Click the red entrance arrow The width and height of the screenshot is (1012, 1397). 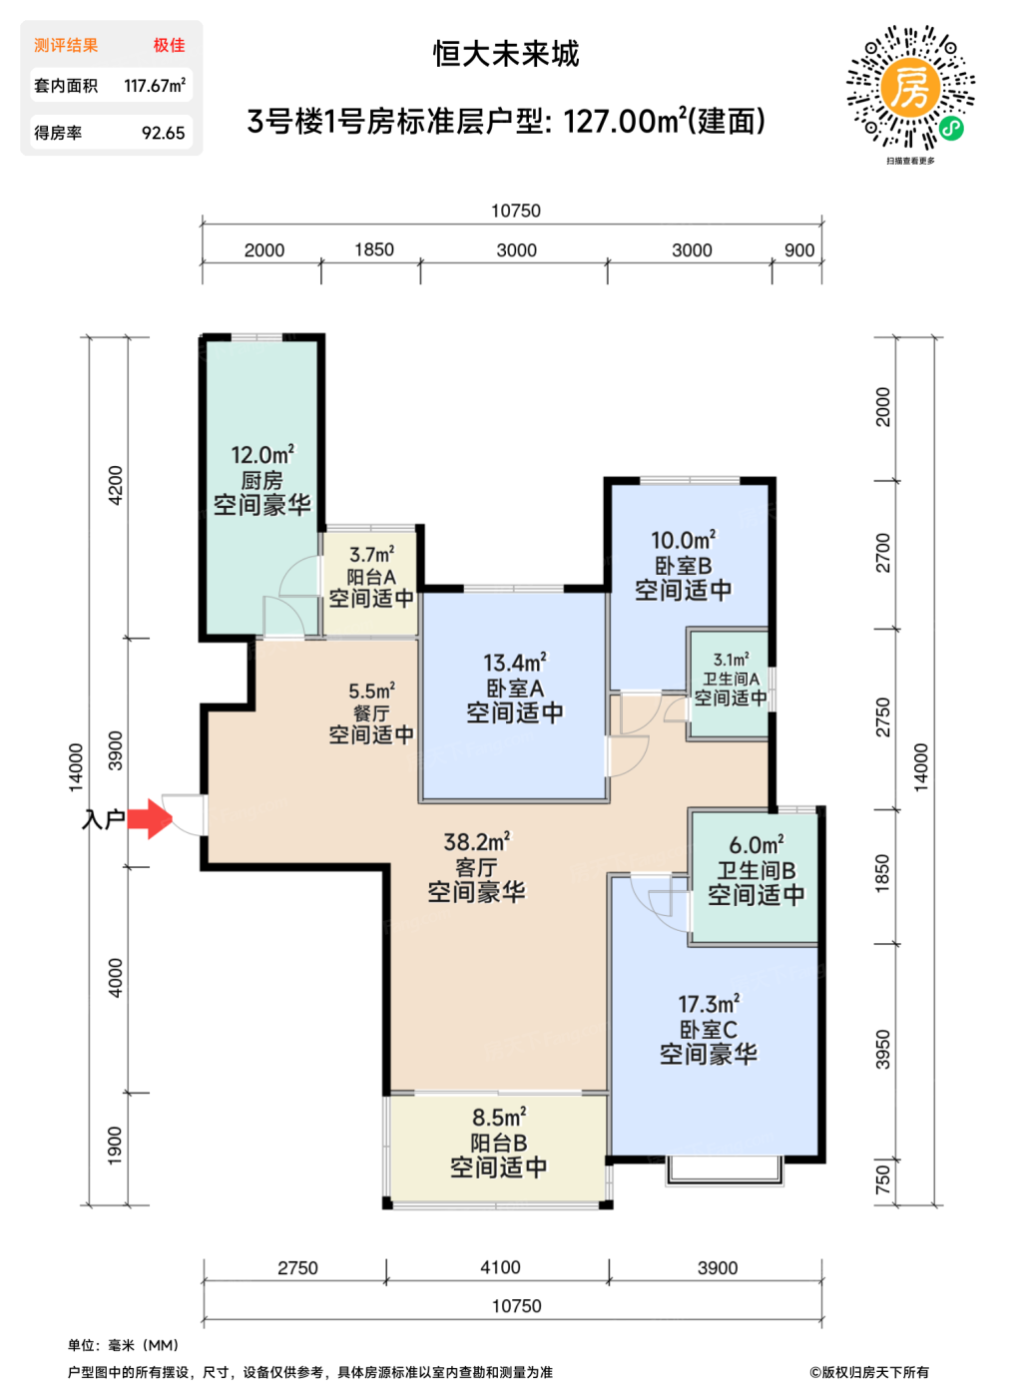click(x=150, y=819)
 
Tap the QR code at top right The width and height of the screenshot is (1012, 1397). click(x=910, y=88)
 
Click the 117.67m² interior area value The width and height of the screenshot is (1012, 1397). click(x=155, y=86)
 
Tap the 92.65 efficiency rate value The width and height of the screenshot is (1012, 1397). click(x=164, y=133)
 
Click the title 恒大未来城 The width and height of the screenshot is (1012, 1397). click(x=506, y=54)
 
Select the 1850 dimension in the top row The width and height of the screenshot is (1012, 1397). click(x=374, y=250)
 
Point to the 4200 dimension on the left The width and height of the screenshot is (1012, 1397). click(x=116, y=485)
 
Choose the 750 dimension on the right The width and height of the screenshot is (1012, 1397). click(x=882, y=1180)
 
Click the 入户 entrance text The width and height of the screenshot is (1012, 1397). click(x=103, y=819)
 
